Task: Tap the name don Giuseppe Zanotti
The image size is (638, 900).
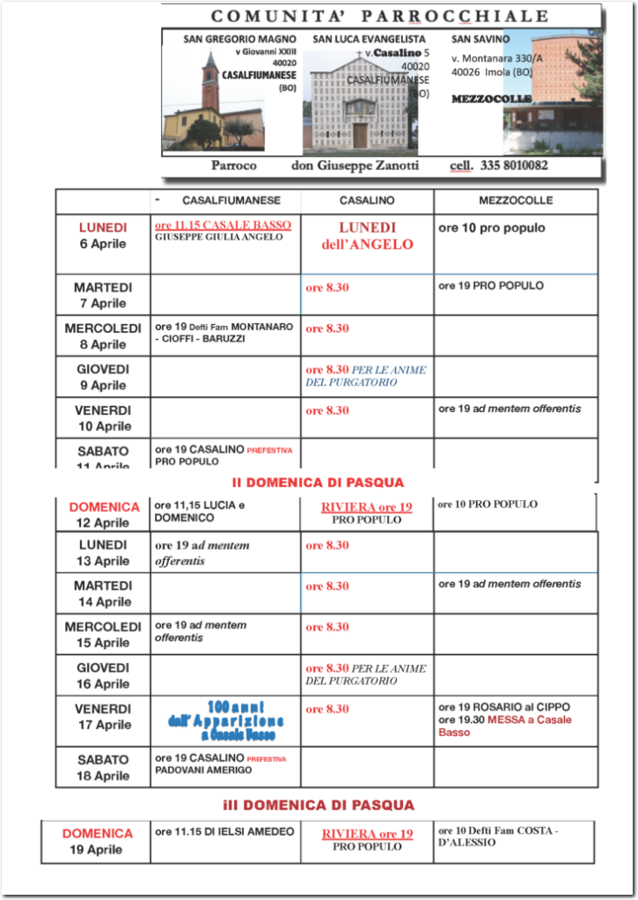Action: pos(355,166)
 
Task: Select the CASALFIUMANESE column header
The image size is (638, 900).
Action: pos(231,201)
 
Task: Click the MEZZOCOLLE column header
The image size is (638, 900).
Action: pos(516,201)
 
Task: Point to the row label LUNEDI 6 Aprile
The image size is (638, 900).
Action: pos(103,236)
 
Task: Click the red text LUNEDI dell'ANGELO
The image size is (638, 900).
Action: pos(367,236)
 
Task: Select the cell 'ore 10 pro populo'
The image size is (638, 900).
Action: pos(492,228)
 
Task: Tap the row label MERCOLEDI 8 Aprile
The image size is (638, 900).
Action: pos(103,336)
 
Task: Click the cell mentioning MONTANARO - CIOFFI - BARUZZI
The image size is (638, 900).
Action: pos(224,333)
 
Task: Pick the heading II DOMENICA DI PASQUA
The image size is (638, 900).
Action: pos(318,483)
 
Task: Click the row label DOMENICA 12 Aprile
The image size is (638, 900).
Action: pos(104,514)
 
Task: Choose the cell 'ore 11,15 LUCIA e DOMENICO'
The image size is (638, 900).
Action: pos(200,512)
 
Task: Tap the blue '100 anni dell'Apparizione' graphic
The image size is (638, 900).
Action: pos(224,719)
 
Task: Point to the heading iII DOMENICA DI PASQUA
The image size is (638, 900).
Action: pos(318,805)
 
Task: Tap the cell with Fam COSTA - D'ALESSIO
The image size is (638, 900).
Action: pos(498,837)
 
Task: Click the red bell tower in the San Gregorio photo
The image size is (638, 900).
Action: pos(210,84)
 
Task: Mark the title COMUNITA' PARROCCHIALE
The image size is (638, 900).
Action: pos(380,16)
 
